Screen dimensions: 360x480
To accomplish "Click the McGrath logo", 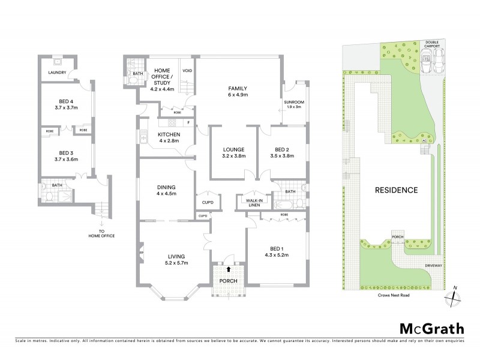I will click(431, 328).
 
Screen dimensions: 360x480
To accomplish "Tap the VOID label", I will click(187, 70).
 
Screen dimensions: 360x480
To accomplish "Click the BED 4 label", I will click(65, 104).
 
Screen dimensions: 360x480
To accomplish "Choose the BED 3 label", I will click(65, 156).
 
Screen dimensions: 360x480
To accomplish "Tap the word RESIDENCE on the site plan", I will click(396, 190).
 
